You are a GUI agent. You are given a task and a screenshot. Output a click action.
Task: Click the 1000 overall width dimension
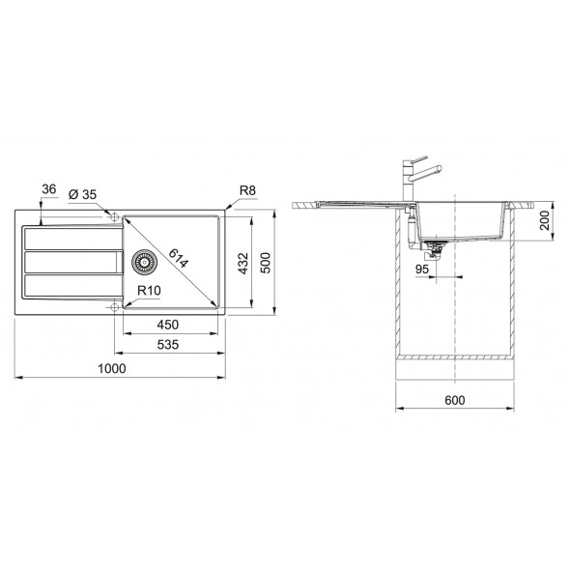(x=112, y=368)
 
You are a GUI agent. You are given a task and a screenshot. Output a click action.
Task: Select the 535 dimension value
(x=168, y=344)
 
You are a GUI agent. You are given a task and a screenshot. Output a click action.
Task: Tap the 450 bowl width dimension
(x=168, y=325)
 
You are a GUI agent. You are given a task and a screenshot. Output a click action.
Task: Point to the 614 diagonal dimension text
(x=179, y=258)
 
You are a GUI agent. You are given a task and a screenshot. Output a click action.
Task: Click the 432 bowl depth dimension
(x=242, y=263)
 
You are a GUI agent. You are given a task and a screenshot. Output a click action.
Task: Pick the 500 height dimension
(x=266, y=263)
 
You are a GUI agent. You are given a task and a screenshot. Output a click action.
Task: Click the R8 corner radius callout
(x=247, y=190)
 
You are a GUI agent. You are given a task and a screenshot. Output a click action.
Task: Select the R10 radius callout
(x=149, y=291)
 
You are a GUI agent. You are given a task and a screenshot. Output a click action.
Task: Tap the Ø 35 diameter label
(x=82, y=194)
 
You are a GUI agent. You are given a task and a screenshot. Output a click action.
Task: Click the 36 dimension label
(x=49, y=189)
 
